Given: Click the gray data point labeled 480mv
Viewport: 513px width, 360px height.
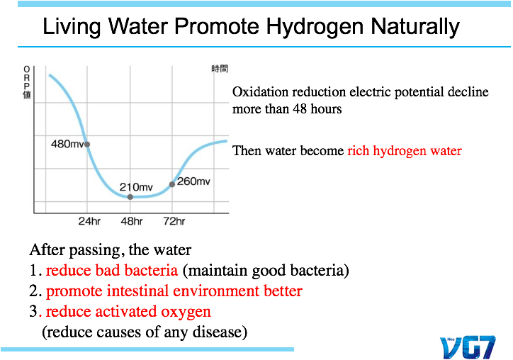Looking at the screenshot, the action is tap(87, 145).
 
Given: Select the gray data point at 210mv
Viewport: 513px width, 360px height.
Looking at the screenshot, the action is tap(130, 197).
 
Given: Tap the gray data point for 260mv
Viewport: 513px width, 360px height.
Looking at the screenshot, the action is tap(172, 184).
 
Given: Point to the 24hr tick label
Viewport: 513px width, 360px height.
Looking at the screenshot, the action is tap(89, 221).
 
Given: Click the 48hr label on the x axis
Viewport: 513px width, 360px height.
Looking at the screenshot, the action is tap(132, 221).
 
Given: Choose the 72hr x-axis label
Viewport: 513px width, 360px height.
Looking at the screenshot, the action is tap(174, 221).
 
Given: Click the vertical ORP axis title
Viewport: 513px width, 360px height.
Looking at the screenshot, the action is tap(27, 82).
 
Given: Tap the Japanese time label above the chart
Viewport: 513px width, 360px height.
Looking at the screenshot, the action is tap(220, 69).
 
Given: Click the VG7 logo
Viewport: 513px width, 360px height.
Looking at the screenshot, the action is tap(468, 347).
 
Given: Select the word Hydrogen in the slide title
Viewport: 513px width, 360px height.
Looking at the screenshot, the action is tap(315, 26).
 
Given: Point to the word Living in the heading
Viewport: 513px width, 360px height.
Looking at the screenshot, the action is tap(72, 26).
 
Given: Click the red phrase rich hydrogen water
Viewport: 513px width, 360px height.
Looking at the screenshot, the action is tap(405, 151).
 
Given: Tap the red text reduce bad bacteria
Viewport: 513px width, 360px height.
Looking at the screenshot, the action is tap(111, 270).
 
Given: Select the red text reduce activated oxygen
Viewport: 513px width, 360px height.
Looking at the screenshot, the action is tap(128, 312).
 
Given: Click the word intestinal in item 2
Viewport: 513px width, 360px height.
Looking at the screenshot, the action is tap(137, 291).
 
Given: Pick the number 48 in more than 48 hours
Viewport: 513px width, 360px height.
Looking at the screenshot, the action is tap(300, 109).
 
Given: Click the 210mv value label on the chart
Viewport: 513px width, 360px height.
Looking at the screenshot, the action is tap(136, 187).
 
